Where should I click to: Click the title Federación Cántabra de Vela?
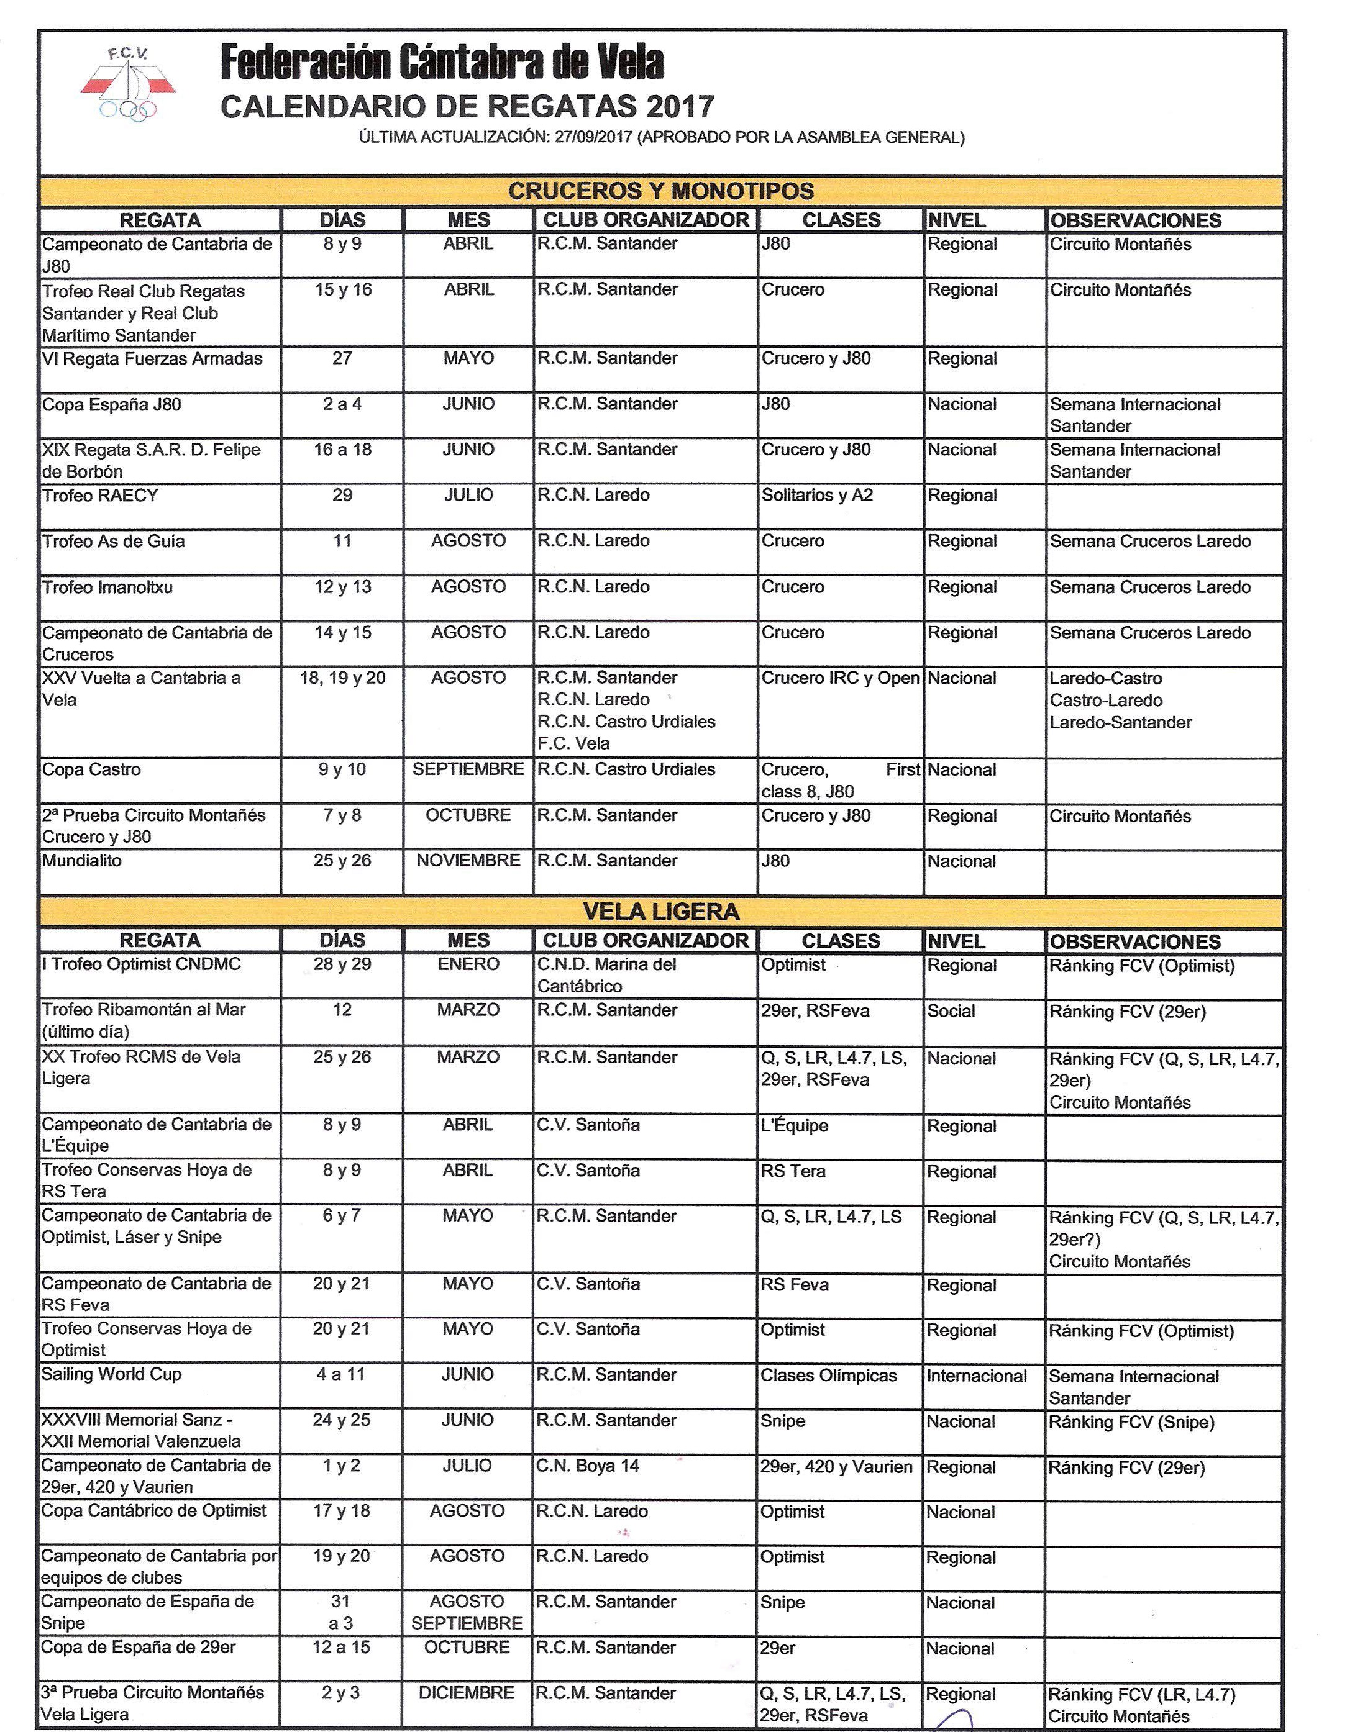click(441, 63)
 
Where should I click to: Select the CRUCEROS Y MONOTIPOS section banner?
click(661, 191)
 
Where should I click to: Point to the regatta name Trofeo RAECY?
click(100, 495)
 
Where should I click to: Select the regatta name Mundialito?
click(82, 861)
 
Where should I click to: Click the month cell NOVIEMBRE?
click(468, 861)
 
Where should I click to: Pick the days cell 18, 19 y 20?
click(342, 678)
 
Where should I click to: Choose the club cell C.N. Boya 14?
click(588, 1466)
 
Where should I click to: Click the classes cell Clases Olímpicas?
click(828, 1376)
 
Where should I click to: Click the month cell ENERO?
click(468, 964)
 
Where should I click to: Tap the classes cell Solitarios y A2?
click(817, 495)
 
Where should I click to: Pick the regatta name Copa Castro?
click(91, 769)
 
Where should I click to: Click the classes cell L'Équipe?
click(795, 1125)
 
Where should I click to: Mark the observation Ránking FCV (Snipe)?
click(1131, 1422)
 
